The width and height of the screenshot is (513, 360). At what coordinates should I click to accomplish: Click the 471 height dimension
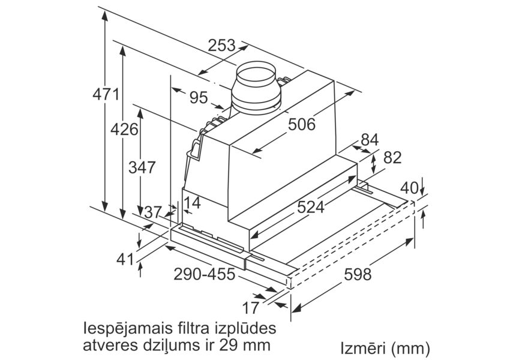pyautogui.click(x=106, y=95)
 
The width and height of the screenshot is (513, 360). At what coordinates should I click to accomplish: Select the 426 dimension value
pyautogui.click(x=124, y=130)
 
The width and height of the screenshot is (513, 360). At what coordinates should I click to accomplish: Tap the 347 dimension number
pyautogui.click(x=142, y=167)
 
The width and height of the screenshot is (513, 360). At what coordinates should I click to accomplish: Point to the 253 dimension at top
pyautogui.click(x=221, y=45)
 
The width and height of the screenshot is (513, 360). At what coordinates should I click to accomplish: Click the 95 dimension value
pyautogui.click(x=199, y=98)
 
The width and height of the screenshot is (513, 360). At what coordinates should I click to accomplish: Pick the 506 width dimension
pyautogui.click(x=302, y=124)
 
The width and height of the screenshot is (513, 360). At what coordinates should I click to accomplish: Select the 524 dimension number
pyautogui.click(x=310, y=207)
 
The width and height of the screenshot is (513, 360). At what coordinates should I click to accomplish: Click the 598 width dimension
pyautogui.click(x=358, y=274)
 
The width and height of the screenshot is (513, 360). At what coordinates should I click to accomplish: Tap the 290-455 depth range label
pyautogui.click(x=204, y=274)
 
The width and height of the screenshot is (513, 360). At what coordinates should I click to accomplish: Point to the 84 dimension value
pyautogui.click(x=370, y=140)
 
